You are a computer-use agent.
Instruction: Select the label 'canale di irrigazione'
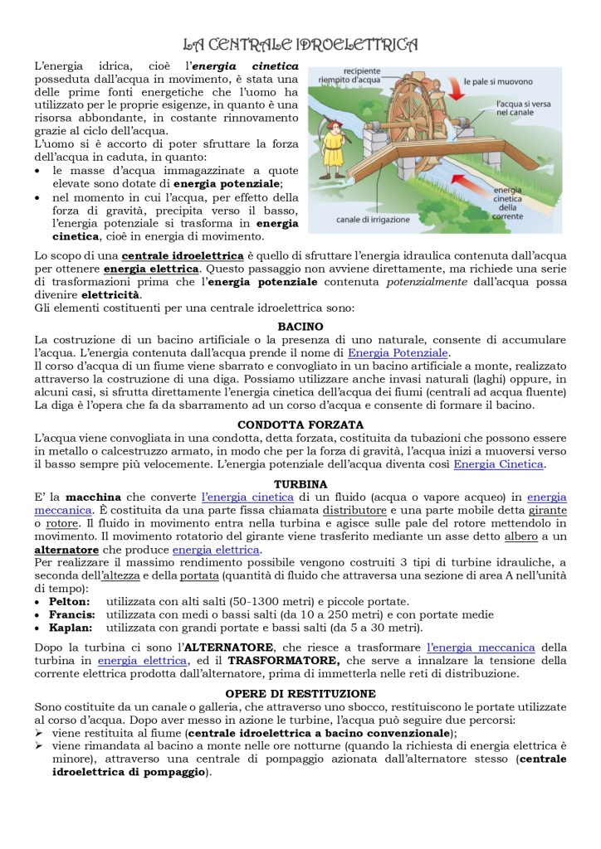tap(373, 221)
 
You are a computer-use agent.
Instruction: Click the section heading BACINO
tap(300, 327)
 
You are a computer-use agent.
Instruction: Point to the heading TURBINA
tap(300, 483)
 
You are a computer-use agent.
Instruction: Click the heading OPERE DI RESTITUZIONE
tap(300, 693)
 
